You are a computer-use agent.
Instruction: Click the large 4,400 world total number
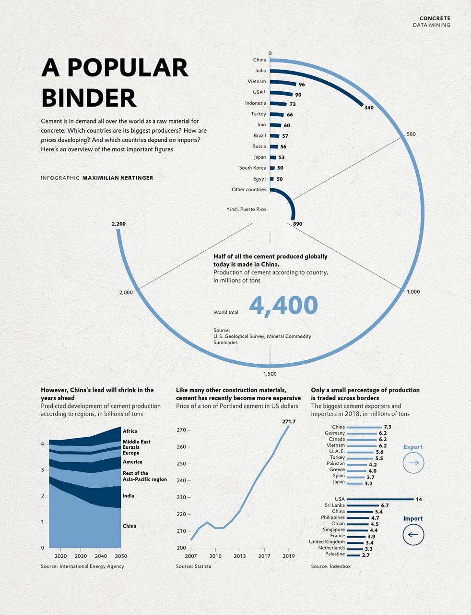click(x=283, y=306)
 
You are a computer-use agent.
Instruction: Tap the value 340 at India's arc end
click(x=368, y=108)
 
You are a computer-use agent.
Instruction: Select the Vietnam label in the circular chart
click(x=257, y=82)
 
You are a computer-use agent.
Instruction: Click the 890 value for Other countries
click(x=297, y=224)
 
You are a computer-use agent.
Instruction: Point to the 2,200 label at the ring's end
click(x=118, y=224)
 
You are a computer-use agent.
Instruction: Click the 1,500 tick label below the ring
click(x=270, y=374)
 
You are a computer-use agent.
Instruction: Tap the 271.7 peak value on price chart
click(x=289, y=421)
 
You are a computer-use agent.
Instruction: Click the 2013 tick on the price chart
click(x=240, y=556)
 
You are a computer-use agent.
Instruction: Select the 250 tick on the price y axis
click(x=181, y=464)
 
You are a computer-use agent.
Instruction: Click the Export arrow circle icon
click(x=413, y=463)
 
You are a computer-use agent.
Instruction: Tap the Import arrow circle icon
click(x=413, y=534)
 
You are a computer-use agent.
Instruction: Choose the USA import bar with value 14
click(x=380, y=499)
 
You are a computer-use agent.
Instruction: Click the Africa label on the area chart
click(x=130, y=431)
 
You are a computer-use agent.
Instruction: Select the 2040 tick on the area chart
click(x=101, y=556)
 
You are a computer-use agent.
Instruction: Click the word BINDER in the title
click(x=89, y=98)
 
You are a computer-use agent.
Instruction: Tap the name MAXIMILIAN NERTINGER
click(x=118, y=178)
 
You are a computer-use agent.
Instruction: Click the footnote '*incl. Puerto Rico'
click(x=246, y=209)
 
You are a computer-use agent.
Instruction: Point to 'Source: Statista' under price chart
click(x=193, y=566)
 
